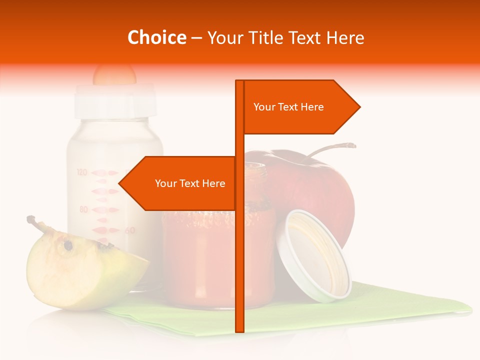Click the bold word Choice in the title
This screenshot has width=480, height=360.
pyautogui.click(x=156, y=37)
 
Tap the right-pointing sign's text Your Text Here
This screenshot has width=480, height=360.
pyautogui.click(x=288, y=107)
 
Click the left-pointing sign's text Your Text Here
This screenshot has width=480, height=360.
pyautogui.click(x=190, y=183)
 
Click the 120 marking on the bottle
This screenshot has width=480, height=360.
pyautogui.click(x=82, y=172)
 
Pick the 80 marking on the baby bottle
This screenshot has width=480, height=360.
pyautogui.click(x=83, y=209)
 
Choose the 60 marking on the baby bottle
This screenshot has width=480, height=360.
pyautogui.click(x=129, y=230)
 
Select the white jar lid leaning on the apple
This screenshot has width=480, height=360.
pyautogui.click(x=315, y=255)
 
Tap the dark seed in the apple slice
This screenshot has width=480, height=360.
pyautogui.click(x=67, y=245)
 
